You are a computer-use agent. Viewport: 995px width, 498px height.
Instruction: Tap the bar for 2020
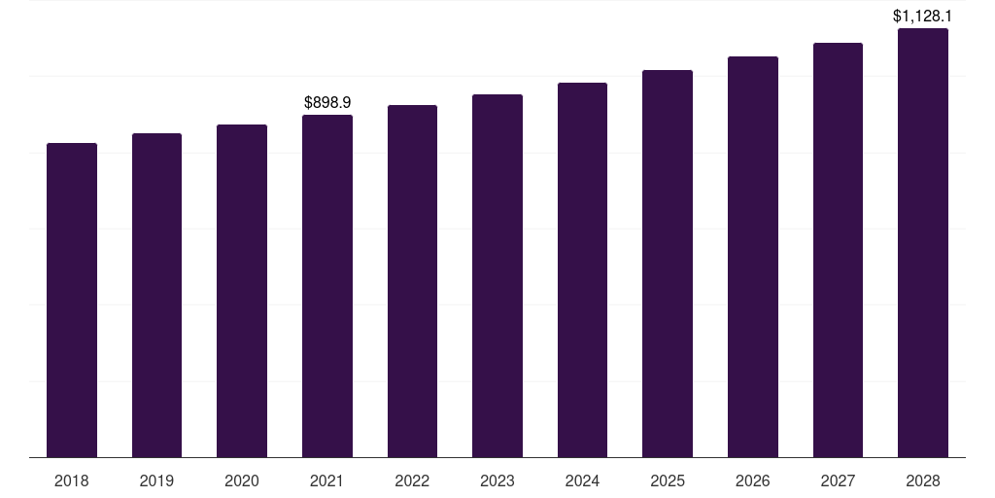coord(242,291)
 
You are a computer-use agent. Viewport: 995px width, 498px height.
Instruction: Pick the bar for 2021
coord(327,286)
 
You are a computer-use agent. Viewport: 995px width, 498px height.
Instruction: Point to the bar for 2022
coord(412,281)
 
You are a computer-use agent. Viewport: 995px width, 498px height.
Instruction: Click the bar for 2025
coord(668,264)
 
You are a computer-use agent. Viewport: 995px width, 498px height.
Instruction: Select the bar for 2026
coord(753,257)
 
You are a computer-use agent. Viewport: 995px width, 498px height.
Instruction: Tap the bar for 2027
coord(838,250)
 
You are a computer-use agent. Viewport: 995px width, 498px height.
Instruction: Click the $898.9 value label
coord(327,102)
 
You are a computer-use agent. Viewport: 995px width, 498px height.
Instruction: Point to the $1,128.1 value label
coord(923,16)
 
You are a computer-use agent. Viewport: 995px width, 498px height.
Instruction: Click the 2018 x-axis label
coord(72,480)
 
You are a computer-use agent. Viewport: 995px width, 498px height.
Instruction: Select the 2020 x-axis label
coord(242,480)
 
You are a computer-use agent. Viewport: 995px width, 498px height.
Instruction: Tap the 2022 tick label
coord(412,480)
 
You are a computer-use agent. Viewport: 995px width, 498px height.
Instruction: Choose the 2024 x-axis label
coord(582,480)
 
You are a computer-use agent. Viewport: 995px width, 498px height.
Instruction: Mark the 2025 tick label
coord(668,480)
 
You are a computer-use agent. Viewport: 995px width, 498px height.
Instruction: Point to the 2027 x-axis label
coord(838,480)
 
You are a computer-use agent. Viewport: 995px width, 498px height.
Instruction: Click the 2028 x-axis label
coord(923,480)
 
